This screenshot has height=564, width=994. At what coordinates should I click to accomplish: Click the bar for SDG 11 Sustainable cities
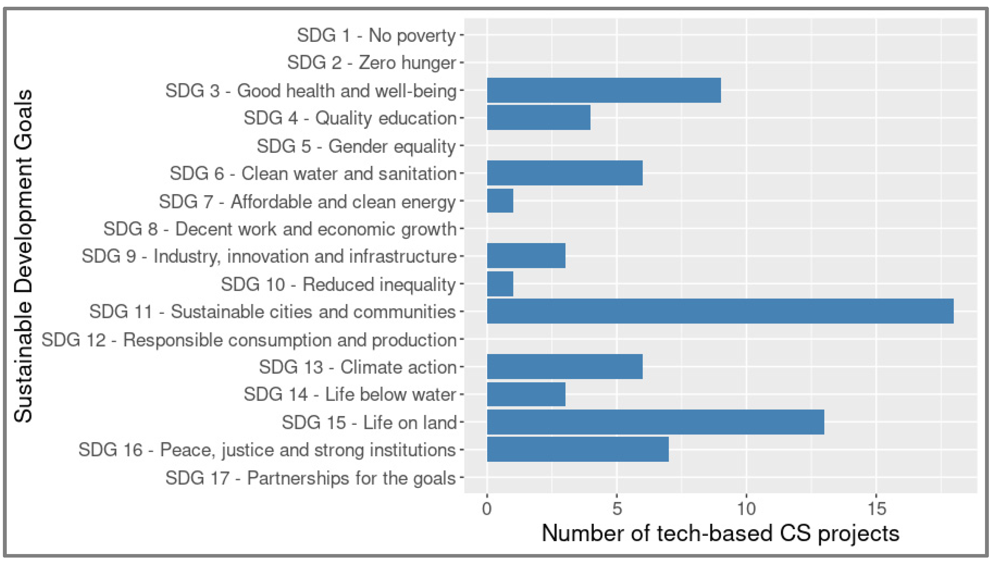coord(720,311)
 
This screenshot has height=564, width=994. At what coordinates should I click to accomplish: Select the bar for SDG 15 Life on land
coord(655,422)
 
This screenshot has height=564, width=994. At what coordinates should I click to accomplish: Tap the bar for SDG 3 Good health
coord(604,90)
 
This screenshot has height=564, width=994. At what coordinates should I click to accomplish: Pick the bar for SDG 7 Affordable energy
coord(500,201)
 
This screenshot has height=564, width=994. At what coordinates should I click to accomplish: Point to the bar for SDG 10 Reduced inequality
coord(500,284)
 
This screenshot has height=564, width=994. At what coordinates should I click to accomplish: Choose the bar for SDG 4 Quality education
coord(538,117)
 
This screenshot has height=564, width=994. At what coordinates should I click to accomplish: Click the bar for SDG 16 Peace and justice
coord(578,449)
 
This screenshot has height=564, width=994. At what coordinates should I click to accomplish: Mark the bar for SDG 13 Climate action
coord(565,367)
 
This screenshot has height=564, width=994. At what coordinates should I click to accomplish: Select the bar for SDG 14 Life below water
coord(526,394)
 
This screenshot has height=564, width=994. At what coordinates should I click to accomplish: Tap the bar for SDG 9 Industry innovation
coord(526,256)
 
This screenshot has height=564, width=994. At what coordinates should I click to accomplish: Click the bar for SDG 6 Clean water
coord(565,173)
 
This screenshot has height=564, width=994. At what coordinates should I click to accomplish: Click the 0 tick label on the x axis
coord(487,509)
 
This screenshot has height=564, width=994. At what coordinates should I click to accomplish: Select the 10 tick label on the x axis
coord(746,509)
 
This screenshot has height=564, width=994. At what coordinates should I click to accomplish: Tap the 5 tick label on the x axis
coord(617,509)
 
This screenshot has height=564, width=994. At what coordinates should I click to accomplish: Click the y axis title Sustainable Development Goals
coord(23,256)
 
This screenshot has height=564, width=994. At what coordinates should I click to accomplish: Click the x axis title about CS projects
coord(720,533)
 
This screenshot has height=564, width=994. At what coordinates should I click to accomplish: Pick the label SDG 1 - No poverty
coord(376,35)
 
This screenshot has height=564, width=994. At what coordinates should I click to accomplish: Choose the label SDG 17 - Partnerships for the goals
coord(310,478)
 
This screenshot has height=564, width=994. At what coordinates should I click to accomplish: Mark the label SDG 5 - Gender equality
coord(356,146)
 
